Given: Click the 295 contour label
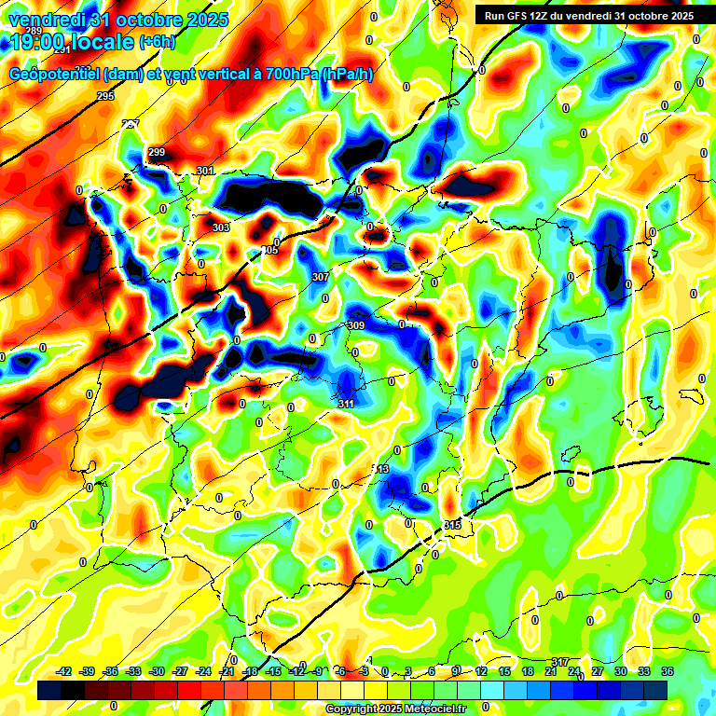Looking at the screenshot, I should pos(105,96).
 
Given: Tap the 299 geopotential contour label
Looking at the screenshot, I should pos(157,152).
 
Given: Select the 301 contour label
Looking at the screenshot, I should pos(205,171).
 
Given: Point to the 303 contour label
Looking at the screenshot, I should pos(221,227).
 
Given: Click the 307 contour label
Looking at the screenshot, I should pos(321,277).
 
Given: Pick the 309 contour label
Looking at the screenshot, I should pos(355,325).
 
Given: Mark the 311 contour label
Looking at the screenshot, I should pos(346,404).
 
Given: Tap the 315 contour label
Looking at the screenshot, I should pos(452,526).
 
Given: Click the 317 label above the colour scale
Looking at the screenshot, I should pos(560,662).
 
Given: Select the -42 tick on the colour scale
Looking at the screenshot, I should pos(64,671).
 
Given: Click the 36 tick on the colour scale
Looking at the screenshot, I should pos(668,671).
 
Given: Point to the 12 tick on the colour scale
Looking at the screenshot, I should pos(481,671).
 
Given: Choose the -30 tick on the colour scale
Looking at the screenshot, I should pos(158,671).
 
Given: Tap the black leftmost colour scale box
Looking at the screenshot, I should pos(49,690).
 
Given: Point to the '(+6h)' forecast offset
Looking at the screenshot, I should pos(156,42).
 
